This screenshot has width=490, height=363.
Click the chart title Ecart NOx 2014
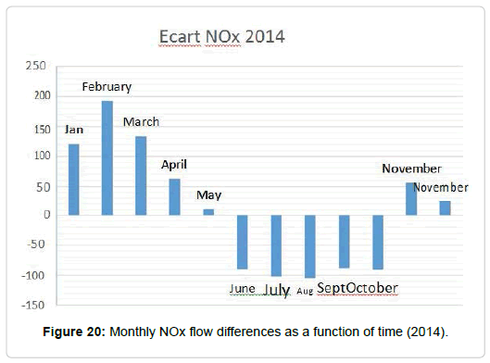tap(222, 36)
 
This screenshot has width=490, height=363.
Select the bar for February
tap(107, 157)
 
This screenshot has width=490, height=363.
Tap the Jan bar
tap(74, 180)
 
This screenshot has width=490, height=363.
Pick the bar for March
tap(141, 176)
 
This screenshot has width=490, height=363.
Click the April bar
tap(175, 197)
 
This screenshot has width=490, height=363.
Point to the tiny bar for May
tap(208, 212)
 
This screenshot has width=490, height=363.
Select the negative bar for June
tap(242, 242)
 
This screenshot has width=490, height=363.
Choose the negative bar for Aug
tap(310, 246)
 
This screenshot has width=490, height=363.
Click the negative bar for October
tap(378, 242)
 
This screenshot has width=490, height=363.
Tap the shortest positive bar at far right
tap(445, 208)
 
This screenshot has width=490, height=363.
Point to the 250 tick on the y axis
tap(36, 66)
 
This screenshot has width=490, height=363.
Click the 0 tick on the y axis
tap(47, 215)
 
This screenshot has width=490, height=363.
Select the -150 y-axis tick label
tap(33, 305)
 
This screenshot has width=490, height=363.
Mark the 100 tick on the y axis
tap(43, 156)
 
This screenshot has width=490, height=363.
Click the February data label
tap(107, 87)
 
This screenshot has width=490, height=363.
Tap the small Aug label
tap(305, 291)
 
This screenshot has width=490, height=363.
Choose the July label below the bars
tap(277, 290)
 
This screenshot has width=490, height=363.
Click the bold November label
tap(411, 169)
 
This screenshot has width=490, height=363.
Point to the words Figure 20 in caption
tap(74, 332)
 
